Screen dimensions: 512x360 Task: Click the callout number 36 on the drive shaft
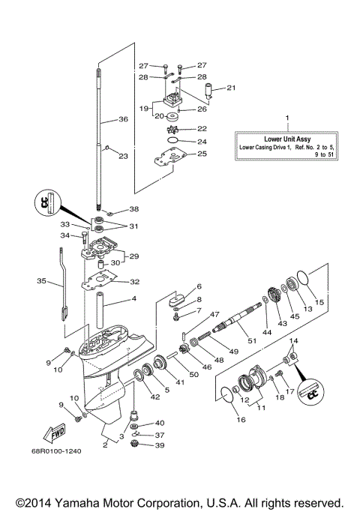click(123, 118)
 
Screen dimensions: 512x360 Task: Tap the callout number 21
click(231, 88)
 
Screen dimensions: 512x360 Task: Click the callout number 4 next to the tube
click(134, 300)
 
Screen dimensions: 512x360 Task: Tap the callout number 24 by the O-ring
click(202, 141)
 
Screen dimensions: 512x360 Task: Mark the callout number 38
click(134, 209)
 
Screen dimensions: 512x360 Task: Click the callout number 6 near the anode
click(199, 286)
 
